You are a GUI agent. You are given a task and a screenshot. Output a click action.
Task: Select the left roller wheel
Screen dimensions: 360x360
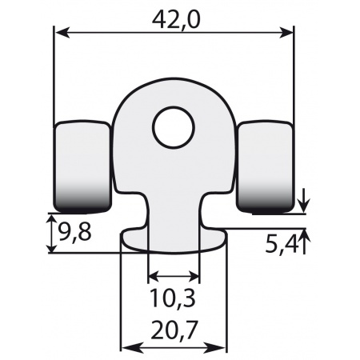tap(82, 164)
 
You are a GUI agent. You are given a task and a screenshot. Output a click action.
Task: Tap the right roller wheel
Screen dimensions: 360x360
tap(266, 164)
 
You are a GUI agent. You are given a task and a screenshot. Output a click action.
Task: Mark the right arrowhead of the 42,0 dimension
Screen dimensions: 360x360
tap(289, 32)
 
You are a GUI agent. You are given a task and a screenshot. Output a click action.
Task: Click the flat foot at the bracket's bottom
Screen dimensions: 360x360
tap(174, 240)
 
